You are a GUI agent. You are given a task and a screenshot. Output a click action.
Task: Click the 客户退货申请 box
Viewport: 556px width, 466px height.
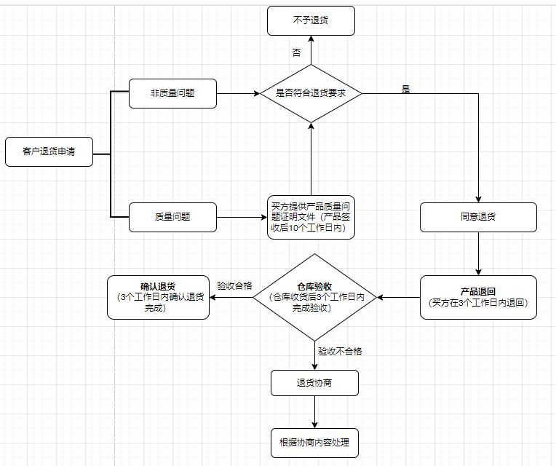pos(49,151)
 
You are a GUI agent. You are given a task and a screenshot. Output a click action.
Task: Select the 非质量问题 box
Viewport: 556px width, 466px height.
pos(172,93)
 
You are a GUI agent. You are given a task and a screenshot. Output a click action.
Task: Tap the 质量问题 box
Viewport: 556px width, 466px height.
pos(172,217)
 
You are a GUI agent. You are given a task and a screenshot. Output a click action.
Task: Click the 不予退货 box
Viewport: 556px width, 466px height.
pos(311,20)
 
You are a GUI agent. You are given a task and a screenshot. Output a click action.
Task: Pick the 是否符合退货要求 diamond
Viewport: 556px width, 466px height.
pos(311,93)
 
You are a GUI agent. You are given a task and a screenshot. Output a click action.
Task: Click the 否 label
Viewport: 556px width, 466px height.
pos(296,53)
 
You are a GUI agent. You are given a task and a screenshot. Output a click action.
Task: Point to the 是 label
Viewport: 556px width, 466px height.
pos(406,89)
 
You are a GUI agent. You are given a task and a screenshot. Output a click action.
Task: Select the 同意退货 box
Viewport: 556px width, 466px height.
pos(478,217)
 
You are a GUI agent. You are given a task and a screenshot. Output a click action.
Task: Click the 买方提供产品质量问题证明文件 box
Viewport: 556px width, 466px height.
pos(311,217)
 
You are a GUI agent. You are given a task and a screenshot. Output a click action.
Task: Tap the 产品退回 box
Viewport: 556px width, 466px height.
pos(478,297)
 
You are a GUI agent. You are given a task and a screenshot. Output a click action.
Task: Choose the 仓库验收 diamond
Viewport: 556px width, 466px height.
pos(314,297)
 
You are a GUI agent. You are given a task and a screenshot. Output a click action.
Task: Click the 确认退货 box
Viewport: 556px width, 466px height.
pos(158,297)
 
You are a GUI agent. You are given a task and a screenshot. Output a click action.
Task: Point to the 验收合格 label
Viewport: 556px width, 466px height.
pos(234,286)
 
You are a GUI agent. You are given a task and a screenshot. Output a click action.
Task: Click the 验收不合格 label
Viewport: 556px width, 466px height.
pos(340,351)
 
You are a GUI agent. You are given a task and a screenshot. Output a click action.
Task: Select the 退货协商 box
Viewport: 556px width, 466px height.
pos(314,383)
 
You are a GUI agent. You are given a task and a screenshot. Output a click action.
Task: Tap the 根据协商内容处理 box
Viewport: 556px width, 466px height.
pos(314,443)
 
